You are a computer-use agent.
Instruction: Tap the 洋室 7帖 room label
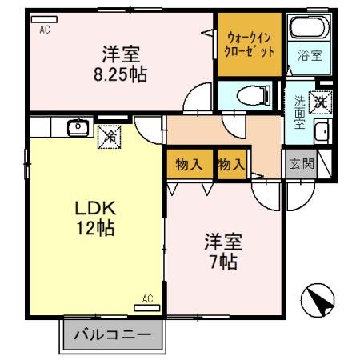[x=223, y=250]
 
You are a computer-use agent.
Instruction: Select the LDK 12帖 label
[x=94, y=218]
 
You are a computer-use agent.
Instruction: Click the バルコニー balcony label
[x=113, y=334]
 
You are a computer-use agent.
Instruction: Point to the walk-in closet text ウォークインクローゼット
[x=250, y=42]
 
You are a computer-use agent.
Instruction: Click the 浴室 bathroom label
[x=310, y=56]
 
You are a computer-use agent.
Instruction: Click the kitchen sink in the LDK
[x=78, y=126]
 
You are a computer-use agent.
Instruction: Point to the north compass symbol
[x=317, y=302]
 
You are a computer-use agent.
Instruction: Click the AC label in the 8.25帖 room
[x=45, y=29]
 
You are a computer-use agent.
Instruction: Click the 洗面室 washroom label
[x=298, y=112]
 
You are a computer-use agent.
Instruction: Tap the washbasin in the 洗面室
[x=322, y=133]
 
